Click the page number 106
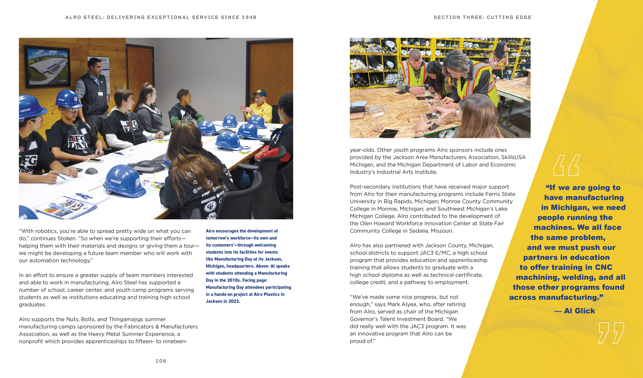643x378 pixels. coord(161,361)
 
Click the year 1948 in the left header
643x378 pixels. coord(249,17)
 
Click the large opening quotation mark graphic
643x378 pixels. coord(566,166)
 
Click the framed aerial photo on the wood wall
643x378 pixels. coord(47,67)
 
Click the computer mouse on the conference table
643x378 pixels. coord(91,171)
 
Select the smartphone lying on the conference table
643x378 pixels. coord(95,160)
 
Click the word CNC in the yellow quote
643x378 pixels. coord(604,267)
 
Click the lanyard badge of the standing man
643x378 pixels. coord(100,93)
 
